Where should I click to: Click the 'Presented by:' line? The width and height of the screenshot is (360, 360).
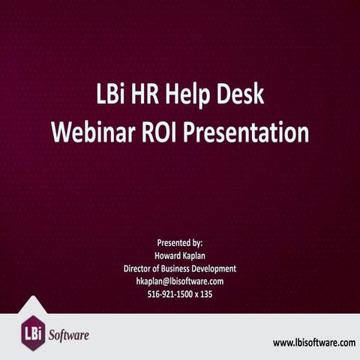tap(180, 243)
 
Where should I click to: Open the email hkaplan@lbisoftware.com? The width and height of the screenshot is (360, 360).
tap(180, 281)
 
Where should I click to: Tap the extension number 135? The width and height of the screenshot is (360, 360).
tap(206, 294)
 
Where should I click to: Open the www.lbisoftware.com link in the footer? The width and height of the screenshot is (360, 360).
tap(313, 342)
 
